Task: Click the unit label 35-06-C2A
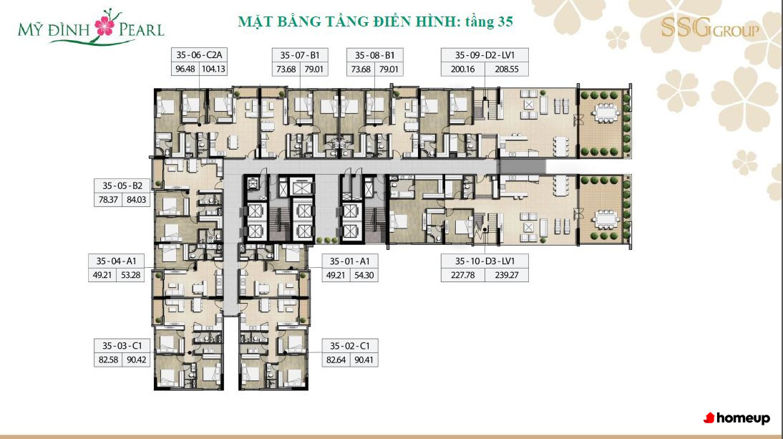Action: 199,55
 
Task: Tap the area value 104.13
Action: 213,69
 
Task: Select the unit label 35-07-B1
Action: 300,55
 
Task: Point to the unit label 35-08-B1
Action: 374,55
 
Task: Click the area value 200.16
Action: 462,69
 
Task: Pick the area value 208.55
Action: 506,69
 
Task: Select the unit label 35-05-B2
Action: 122,185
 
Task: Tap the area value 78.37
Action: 108,200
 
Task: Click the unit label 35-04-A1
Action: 117,261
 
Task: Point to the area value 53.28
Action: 130,275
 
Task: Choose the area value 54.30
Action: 364,275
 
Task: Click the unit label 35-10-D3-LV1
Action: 485,261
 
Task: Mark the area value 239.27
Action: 506,275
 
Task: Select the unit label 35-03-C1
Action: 122,346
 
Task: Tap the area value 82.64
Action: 336,360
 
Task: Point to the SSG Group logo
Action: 709,28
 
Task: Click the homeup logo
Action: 736,418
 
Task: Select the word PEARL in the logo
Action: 141,30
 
